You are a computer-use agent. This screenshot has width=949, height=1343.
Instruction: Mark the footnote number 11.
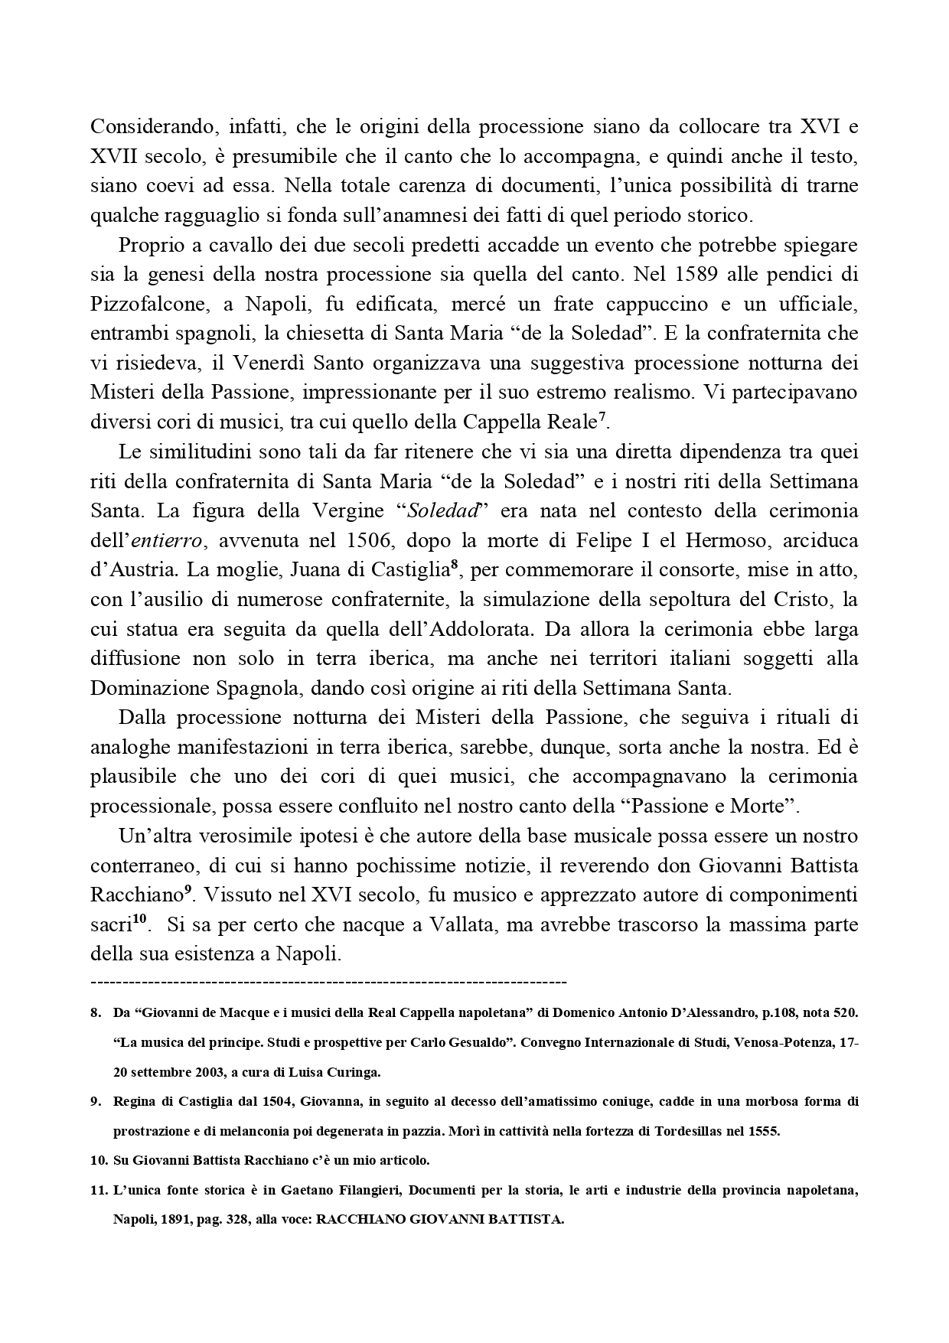pos(96,1191)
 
